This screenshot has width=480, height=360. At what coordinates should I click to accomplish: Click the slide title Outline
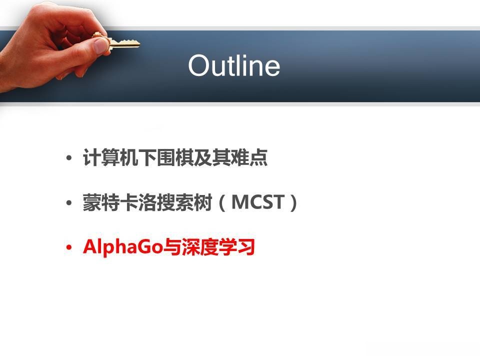click(234, 65)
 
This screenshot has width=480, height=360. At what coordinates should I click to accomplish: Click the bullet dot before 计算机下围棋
click(69, 158)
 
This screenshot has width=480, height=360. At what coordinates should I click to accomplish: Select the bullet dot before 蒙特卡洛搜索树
click(69, 202)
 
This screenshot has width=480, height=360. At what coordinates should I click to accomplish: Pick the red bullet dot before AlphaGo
click(69, 247)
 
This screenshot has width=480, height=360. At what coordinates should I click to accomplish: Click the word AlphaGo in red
click(123, 247)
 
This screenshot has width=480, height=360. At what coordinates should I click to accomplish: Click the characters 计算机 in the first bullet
click(110, 157)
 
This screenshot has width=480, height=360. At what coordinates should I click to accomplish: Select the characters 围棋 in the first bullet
click(175, 157)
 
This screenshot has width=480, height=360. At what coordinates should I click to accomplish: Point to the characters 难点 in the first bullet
click(249, 157)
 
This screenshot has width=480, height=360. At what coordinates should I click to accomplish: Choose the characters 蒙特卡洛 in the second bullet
click(119, 202)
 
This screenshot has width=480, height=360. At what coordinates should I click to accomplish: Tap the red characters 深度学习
click(218, 247)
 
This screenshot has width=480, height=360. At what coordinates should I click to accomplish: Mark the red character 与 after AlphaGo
click(172, 247)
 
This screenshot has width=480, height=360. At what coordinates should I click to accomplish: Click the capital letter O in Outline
click(199, 65)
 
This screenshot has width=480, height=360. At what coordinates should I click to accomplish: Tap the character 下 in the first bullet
click(147, 157)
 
